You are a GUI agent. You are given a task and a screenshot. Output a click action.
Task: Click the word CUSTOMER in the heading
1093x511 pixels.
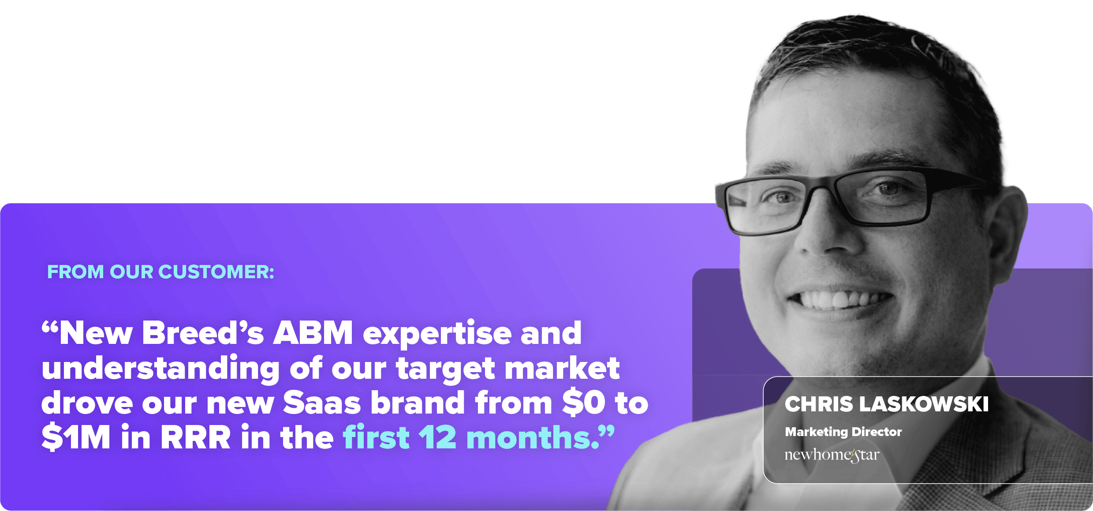(216, 272)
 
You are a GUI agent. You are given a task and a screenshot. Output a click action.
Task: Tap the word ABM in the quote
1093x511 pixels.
(313, 333)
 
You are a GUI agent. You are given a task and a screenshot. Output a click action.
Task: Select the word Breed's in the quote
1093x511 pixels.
(203, 333)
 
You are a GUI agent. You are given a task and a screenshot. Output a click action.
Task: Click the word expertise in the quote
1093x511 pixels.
(436, 334)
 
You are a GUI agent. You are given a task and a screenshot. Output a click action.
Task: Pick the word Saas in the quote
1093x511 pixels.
(322, 403)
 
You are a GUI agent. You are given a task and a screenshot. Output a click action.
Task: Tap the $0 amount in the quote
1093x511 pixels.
(584, 403)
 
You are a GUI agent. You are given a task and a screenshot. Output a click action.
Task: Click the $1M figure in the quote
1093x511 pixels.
(76, 437)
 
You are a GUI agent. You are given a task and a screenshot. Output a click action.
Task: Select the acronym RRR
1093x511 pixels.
(195, 438)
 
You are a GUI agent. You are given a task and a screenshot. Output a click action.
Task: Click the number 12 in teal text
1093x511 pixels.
(437, 438)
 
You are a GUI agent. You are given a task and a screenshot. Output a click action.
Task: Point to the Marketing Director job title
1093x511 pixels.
(843, 432)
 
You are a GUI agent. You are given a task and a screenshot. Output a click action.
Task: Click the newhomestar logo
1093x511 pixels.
(832, 455)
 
